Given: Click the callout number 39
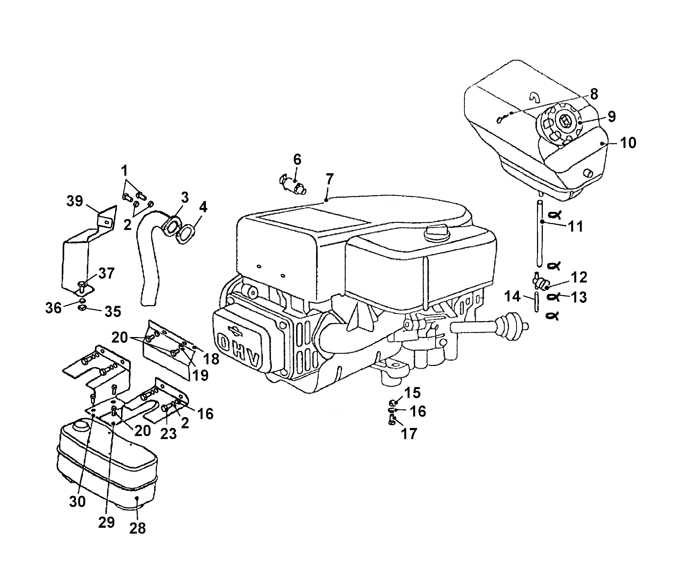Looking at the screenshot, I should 75,201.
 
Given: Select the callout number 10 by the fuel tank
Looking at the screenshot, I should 628,143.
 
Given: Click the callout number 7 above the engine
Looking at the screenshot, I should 330,179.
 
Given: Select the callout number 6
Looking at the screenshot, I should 297,160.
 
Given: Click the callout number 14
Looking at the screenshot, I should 512,296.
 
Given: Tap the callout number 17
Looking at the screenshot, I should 409,434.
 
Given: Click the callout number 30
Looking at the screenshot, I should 77,501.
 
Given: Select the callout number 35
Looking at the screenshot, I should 113,312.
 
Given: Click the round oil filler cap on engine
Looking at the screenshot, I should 436,232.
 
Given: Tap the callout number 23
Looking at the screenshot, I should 168,434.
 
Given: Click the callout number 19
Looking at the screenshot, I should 200,375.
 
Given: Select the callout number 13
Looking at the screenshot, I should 579,297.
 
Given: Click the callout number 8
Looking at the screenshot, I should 594,94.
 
